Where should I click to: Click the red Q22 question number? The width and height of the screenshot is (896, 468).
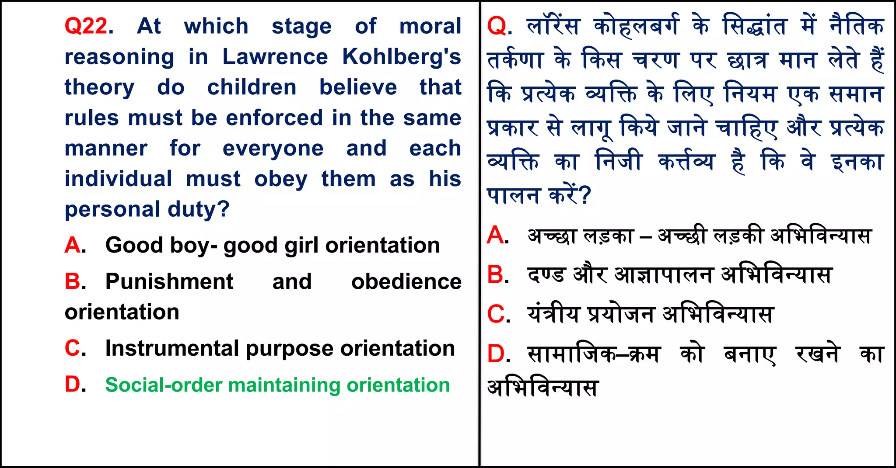pos(86,26)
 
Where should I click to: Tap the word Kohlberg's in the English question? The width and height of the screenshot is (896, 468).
pos(401,57)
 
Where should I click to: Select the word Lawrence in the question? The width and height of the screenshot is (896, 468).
pos(275,57)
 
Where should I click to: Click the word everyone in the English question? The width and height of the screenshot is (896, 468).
pos(273,149)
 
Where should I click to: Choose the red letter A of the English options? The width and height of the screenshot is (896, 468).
pos(73,246)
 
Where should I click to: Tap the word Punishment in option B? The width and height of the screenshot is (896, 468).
pos(169,281)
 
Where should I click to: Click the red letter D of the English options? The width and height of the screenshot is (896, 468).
pos(73,385)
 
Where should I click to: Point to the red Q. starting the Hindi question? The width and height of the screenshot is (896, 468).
pos(499,26)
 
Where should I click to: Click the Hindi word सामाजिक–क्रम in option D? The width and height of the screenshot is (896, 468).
pos(593,354)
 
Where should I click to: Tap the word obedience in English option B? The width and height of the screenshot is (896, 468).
pos(406,281)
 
